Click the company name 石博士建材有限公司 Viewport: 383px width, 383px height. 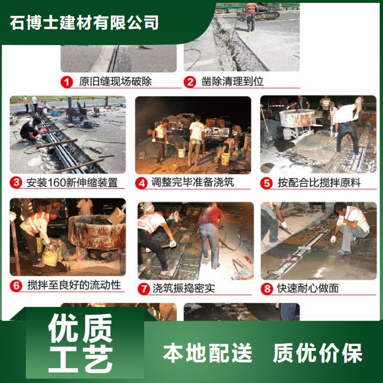84,23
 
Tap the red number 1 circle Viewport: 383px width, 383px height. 67,82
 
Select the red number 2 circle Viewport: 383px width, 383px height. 190,82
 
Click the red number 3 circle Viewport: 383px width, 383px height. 16,183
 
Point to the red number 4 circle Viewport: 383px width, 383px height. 141,183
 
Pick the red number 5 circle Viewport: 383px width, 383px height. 266,183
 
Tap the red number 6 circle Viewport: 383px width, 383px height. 16,285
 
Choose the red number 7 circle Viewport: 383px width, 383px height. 144,289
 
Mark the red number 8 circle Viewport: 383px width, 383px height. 267,289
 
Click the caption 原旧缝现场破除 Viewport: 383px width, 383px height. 115,81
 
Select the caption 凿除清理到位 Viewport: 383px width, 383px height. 232,81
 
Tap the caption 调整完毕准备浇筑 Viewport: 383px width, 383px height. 193,182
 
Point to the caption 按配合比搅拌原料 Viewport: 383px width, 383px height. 319,183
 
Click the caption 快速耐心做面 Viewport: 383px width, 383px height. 308,288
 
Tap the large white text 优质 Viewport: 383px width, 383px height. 80,328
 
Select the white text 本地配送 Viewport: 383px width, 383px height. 207,352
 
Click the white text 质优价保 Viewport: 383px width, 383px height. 317,352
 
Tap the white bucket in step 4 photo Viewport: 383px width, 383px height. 181,153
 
